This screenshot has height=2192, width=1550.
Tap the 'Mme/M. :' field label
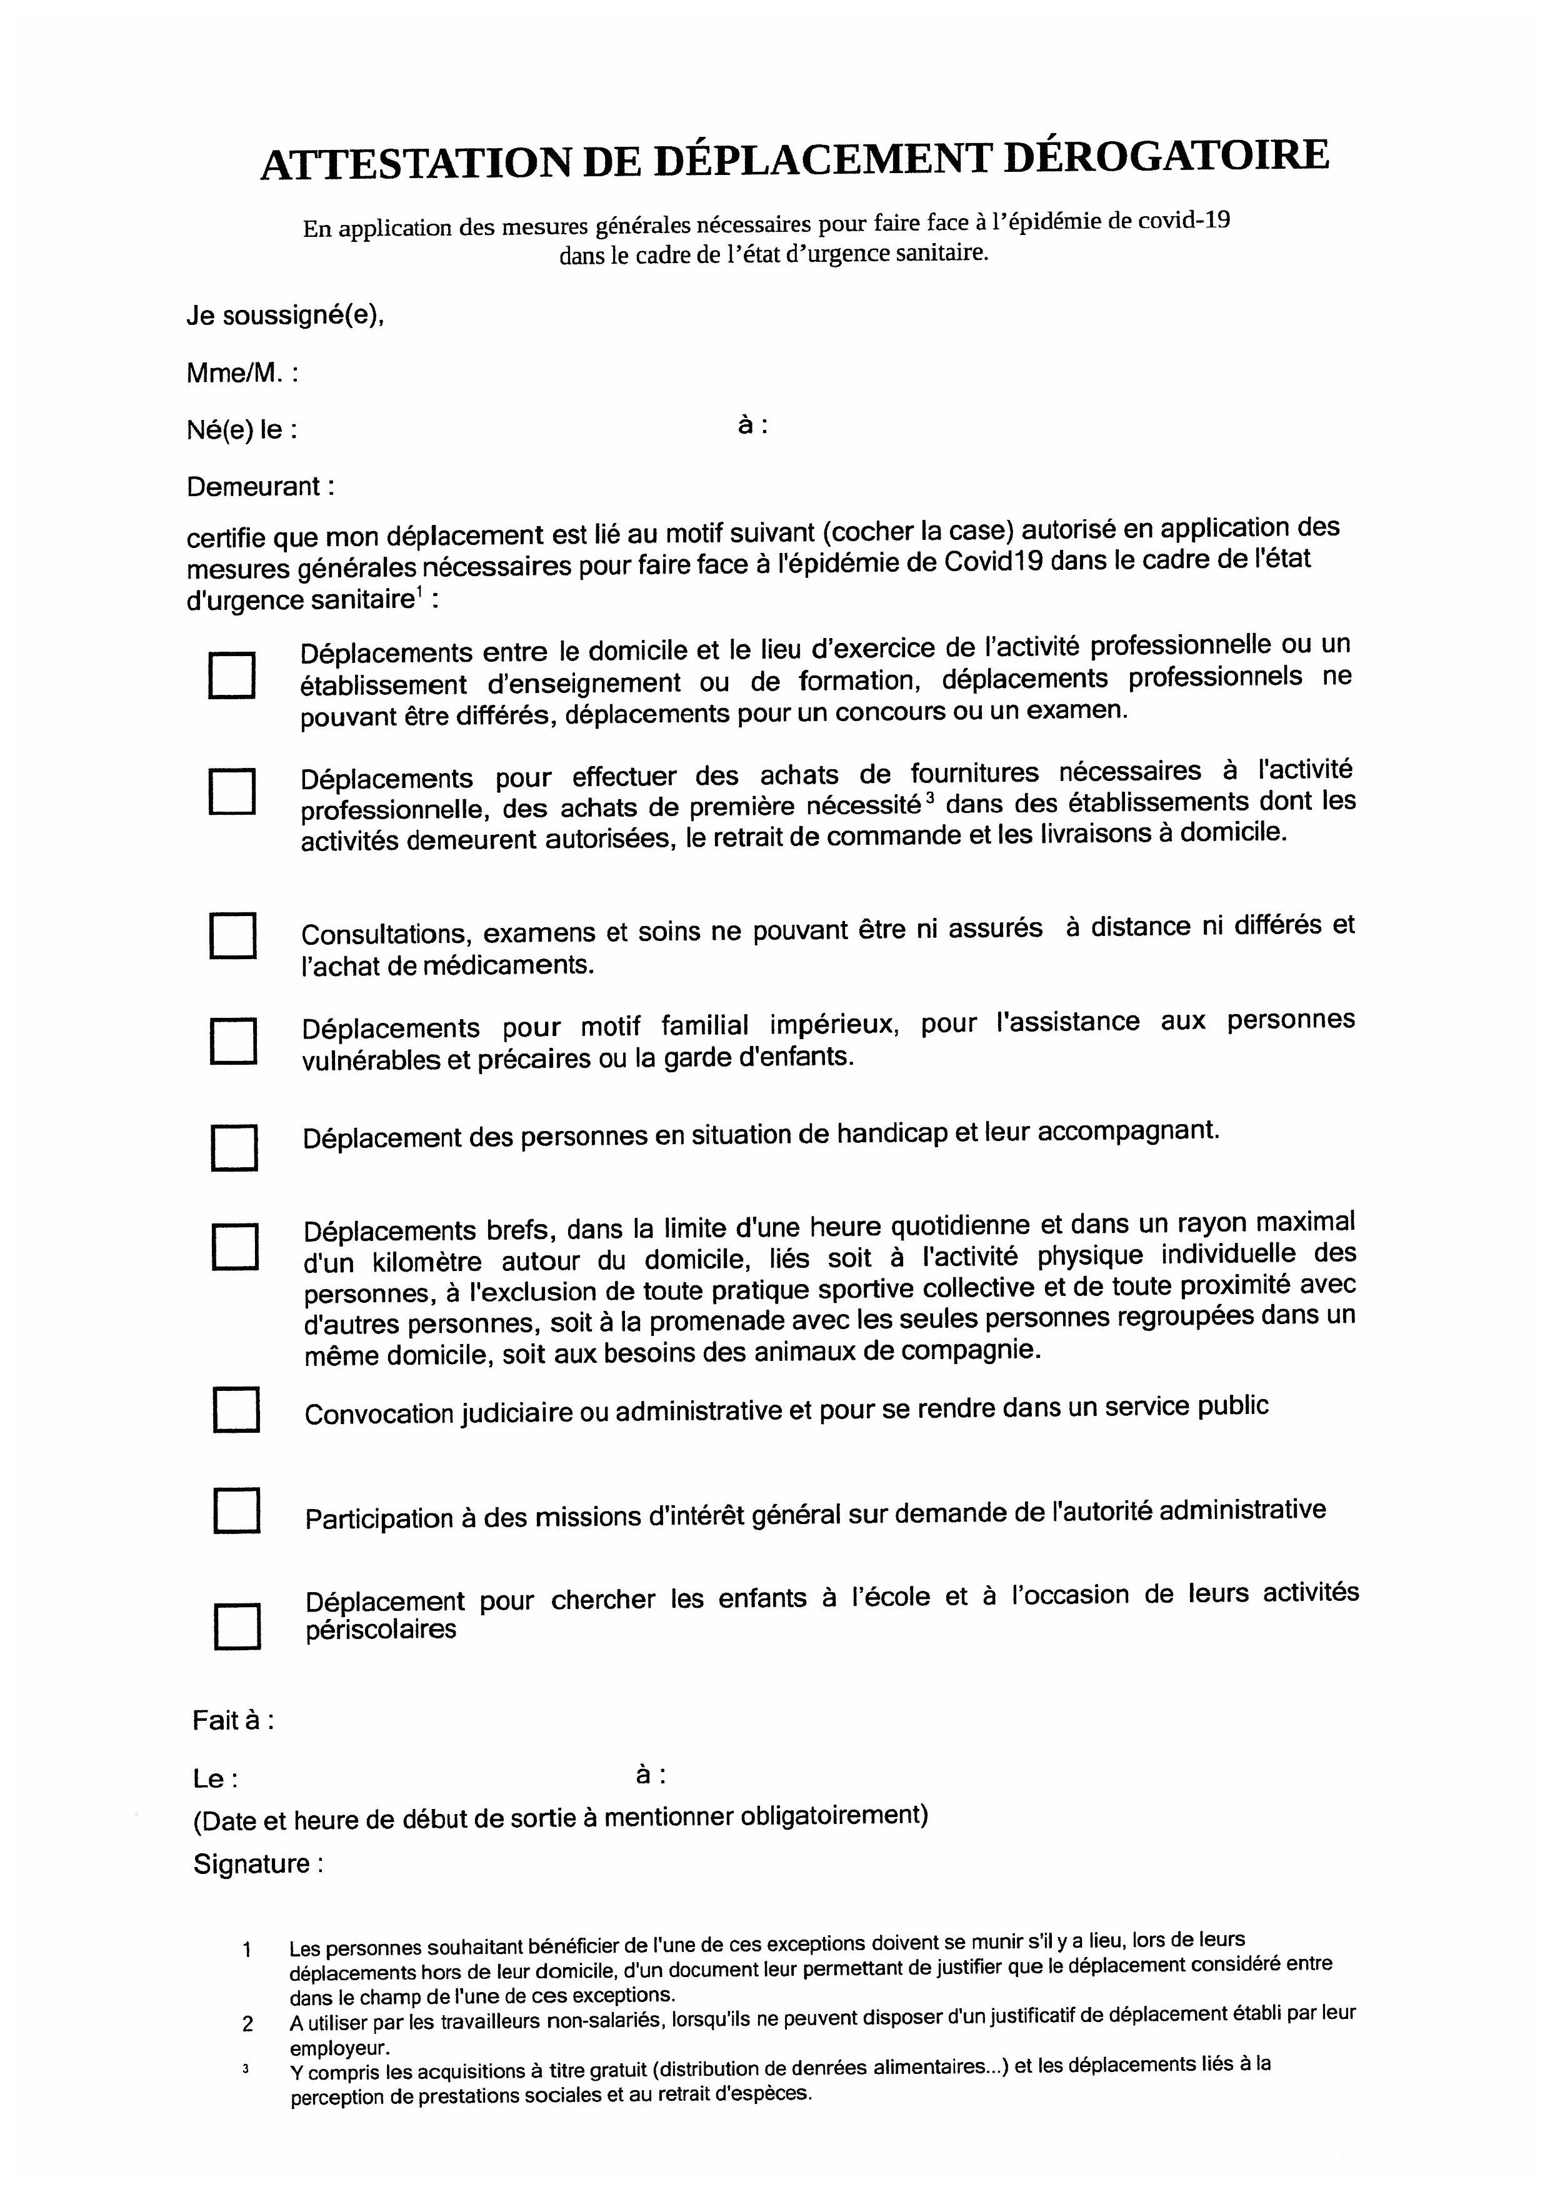pyautogui.click(x=242, y=373)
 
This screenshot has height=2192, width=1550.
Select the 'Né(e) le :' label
pyautogui.click(x=242, y=430)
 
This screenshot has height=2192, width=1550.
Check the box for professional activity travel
pyautogui.click(x=231, y=676)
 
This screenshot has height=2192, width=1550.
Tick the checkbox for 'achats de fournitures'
pyautogui.click(x=232, y=792)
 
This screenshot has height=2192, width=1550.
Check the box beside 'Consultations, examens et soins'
pyautogui.click(x=233, y=935)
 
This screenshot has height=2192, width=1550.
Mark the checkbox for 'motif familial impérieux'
pyautogui.click(x=234, y=1040)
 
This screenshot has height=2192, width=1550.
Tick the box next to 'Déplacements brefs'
pyautogui.click(x=235, y=1246)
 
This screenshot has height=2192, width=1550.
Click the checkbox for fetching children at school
pyautogui.click(x=237, y=1626)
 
